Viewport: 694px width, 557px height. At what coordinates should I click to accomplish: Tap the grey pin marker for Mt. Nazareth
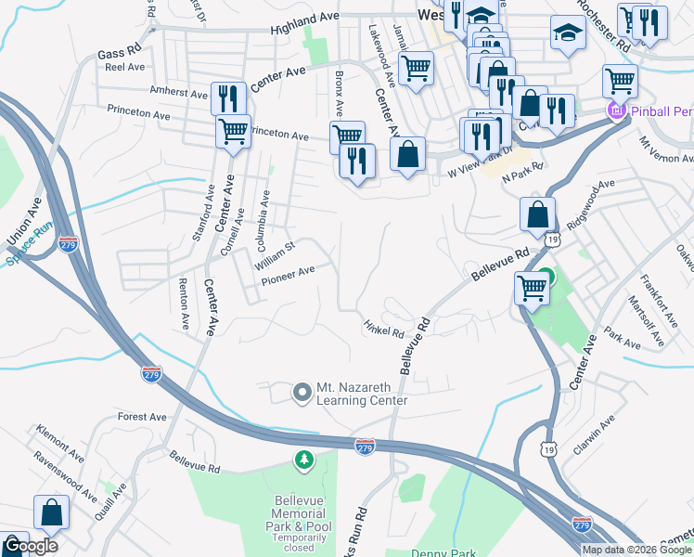pyautogui.click(x=302, y=394)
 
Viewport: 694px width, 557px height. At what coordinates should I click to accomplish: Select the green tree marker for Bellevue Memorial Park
pyautogui.click(x=303, y=460)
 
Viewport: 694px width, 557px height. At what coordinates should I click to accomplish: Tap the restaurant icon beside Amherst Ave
pyautogui.click(x=227, y=98)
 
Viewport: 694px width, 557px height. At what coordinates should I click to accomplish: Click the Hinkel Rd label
pyautogui.click(x=384, y=329)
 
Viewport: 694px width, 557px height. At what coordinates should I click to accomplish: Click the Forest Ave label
pyautogui.click(x=143, y=418)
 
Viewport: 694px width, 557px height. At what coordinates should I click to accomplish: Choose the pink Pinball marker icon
pyautogui.click(x=613, y=111)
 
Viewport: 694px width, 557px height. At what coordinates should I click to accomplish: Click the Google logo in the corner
pyautogui.click(x=31, y=546)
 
